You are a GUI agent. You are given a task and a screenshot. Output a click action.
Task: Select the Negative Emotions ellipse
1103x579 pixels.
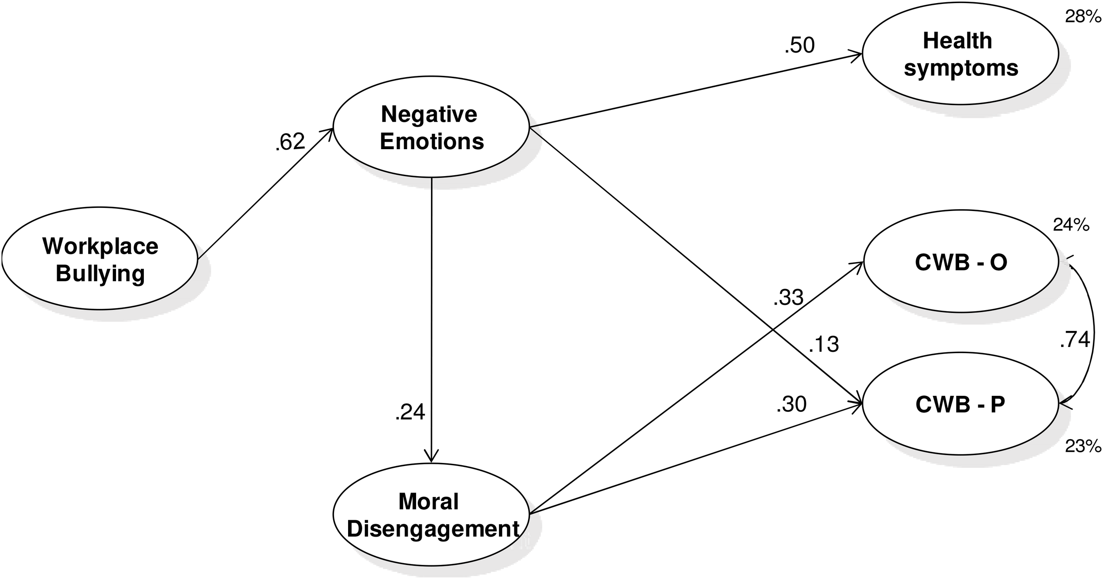tap(431, 127)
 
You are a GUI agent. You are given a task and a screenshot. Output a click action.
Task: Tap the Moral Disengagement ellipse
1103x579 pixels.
tap(431, 515)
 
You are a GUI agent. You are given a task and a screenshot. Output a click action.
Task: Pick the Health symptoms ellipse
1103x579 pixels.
tap(960, 54)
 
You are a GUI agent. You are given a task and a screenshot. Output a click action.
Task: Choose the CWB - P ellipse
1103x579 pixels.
tap(960, 404)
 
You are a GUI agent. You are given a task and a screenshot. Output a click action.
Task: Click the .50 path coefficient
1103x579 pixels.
tap(799, 45)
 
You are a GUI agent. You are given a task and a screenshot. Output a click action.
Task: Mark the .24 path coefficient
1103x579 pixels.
tap(410, 412)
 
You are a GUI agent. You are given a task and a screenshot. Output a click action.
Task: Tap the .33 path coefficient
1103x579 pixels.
tap(788, 297)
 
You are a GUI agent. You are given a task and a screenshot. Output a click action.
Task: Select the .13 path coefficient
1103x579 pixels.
tap(823, 344)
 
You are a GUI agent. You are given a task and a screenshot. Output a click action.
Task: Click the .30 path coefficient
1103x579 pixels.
tap(792, 404)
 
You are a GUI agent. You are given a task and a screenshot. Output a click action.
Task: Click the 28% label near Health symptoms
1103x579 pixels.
tap(1083, 17)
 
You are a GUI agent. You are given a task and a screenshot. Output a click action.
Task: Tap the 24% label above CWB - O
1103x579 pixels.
tap(1071, 226)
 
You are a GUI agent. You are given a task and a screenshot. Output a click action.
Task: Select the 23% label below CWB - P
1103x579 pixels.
tap(1083, 447)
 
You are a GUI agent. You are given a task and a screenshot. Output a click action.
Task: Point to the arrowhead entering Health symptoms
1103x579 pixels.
tap(856, 55)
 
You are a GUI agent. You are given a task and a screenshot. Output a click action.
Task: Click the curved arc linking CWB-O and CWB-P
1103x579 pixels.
tap(1093, 335)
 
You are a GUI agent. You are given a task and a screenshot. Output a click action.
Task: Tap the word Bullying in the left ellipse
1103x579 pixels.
tap(100, 274)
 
